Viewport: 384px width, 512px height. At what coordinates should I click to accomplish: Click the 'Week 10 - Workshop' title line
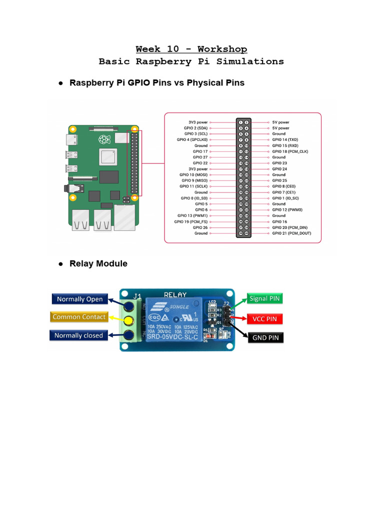click(191, 49)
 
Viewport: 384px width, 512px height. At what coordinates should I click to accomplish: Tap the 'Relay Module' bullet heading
click(98, 263)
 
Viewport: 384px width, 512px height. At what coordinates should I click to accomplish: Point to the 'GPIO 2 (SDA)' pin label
click(195, 128)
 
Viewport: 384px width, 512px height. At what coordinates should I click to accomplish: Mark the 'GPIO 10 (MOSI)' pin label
click(193, 174)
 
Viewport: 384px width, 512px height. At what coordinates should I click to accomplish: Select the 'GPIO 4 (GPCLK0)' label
click(192, 139)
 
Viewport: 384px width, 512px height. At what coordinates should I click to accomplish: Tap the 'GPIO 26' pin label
click(200, 227)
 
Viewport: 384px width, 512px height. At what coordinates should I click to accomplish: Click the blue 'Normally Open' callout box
click(79, 299)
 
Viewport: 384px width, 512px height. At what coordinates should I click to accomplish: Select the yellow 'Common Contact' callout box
click(79, 316)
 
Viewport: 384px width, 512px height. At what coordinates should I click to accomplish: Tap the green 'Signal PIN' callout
click(265, 299)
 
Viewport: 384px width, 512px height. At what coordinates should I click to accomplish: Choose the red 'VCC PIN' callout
click(265, 318)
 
